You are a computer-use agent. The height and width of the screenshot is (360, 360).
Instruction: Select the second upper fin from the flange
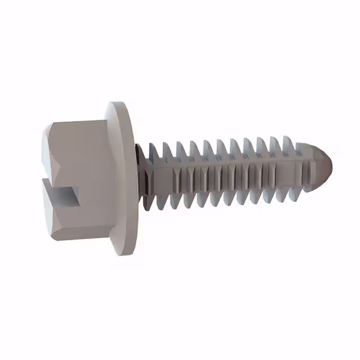166,149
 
